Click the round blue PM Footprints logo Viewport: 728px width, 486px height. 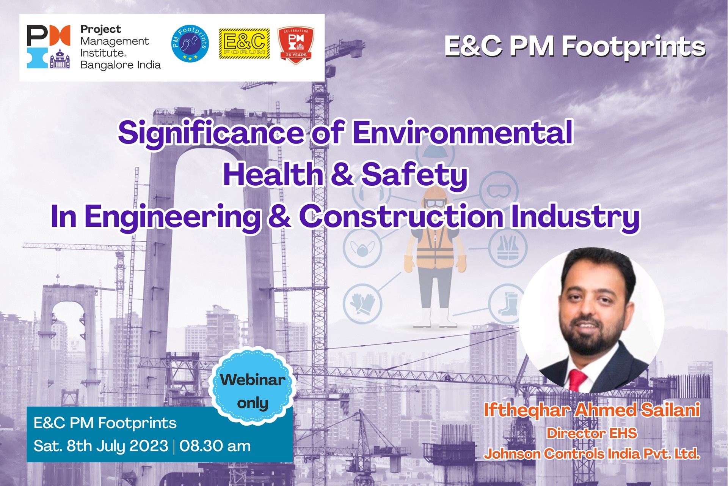click(190, 44)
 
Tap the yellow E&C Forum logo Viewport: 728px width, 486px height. click(245, 44)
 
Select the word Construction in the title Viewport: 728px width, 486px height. click(402, 216)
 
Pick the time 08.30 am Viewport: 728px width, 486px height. click(215, 446)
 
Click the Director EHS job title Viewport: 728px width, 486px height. click(592, 433)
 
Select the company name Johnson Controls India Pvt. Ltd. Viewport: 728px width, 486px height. click(592, 454)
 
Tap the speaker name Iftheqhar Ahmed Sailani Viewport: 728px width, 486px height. click(592, 410)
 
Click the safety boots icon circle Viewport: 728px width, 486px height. click(508, 304)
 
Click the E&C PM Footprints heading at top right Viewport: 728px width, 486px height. click(575, 47)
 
